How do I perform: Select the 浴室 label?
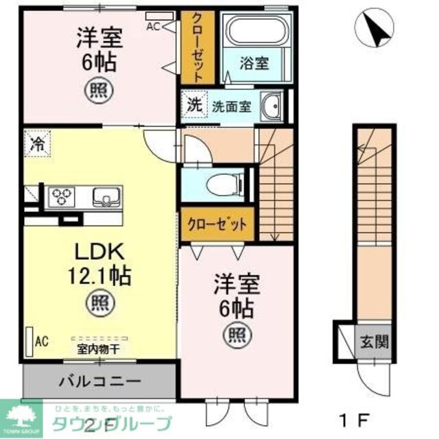pos(255,64)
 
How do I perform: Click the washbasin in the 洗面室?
pos(273,107)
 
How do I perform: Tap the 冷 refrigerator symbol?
pos(37,145)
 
